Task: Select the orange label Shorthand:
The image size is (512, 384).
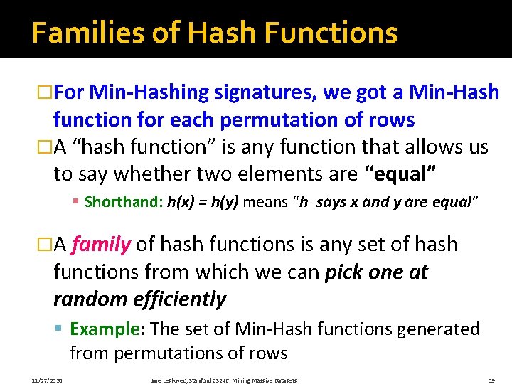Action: [124, 202]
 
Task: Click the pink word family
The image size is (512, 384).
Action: [101, 245]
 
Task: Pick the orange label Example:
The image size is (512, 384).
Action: [108, 329]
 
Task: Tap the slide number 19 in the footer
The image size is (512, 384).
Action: [491, 380]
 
